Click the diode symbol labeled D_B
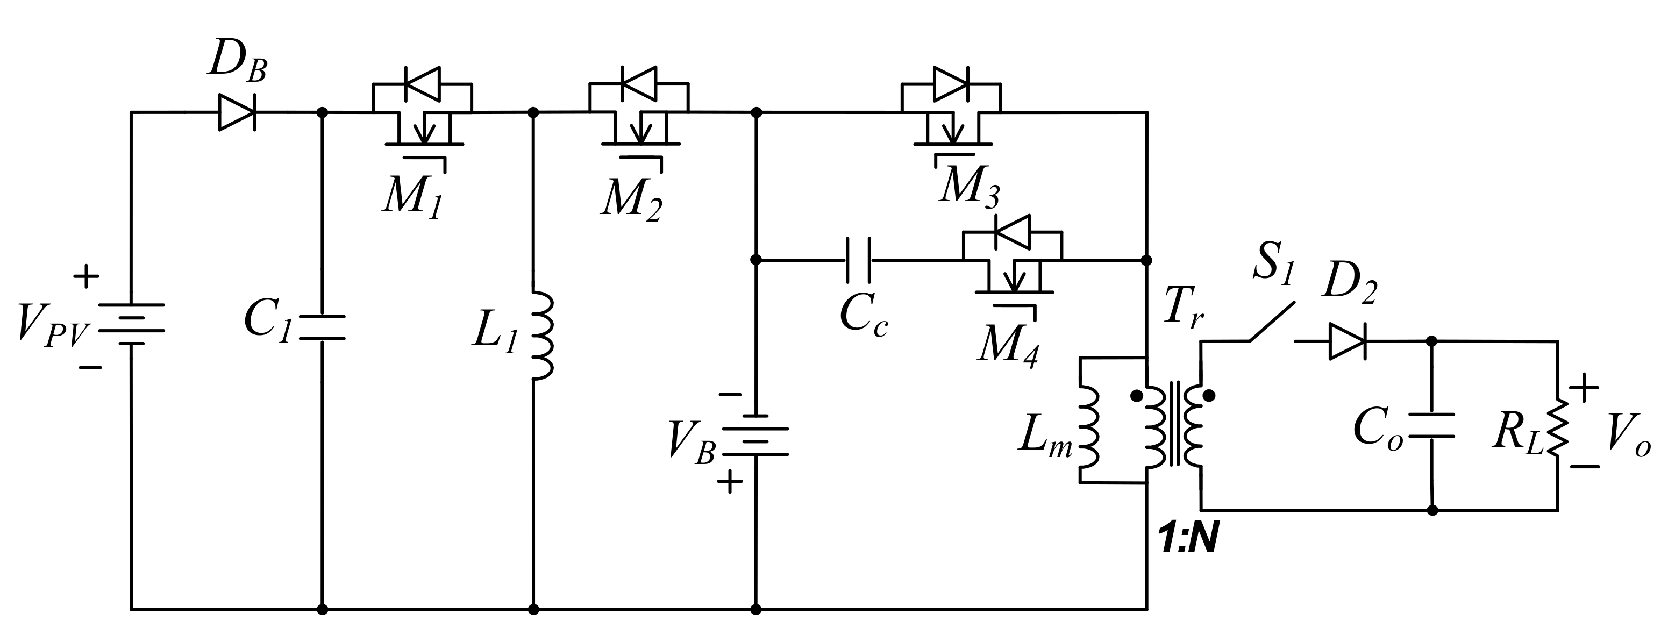[237, 112]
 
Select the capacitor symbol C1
[323, 327]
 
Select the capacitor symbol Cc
[859, 260]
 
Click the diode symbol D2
[1347, 341]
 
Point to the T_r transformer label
[1183, 308]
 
